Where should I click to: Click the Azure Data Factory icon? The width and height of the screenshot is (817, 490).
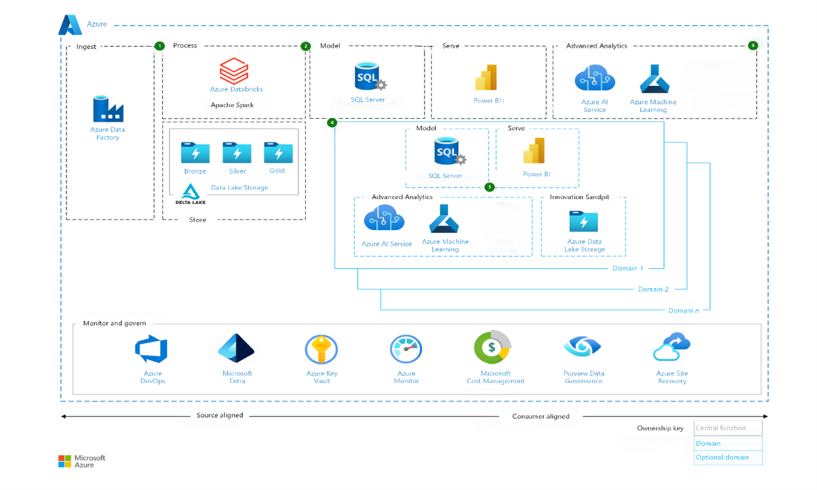tap(108, 109)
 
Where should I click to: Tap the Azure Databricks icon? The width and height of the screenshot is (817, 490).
tap(234, 71)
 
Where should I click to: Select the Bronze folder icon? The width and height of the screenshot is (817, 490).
tap(195, 153)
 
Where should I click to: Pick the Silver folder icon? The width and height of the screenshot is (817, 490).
tap(237, 153)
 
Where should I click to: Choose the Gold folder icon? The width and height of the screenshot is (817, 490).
tap(279, 153)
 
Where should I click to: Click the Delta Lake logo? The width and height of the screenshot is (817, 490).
tap(190, 194)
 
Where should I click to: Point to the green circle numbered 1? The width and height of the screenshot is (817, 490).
tap(160, 46)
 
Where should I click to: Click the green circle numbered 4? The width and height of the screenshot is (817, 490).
tap(332, 122)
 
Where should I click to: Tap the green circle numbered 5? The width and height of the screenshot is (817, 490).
tap(489, 187)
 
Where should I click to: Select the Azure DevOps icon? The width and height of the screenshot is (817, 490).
tap(152, 350)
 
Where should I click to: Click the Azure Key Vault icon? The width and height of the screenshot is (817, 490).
tap(322, 350)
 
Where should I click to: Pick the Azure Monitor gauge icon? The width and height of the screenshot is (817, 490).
tap(406, 350)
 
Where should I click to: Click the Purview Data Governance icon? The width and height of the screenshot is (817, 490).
tap(582, 347)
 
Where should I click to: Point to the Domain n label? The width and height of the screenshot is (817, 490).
tap(683, 310)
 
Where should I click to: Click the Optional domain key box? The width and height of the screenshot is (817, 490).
tap(728, 457)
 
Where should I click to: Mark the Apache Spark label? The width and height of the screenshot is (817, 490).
tap(232, 105)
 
